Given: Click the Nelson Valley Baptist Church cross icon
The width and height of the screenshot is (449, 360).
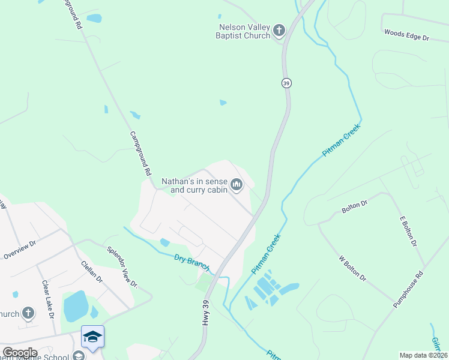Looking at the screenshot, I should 279,30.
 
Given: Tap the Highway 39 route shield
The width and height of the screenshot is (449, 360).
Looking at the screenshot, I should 287,83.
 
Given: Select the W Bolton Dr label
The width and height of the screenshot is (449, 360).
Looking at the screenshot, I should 352,269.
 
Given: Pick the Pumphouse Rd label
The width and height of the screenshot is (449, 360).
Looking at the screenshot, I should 408,289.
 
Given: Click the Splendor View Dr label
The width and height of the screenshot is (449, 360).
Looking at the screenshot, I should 122,267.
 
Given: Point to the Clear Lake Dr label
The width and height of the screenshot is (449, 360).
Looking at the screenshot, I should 48,299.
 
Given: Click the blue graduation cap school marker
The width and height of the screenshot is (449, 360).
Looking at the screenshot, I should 92,337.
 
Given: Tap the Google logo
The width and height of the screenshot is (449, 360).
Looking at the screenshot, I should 20,353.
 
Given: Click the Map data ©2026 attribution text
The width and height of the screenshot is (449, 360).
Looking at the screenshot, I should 423,355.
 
